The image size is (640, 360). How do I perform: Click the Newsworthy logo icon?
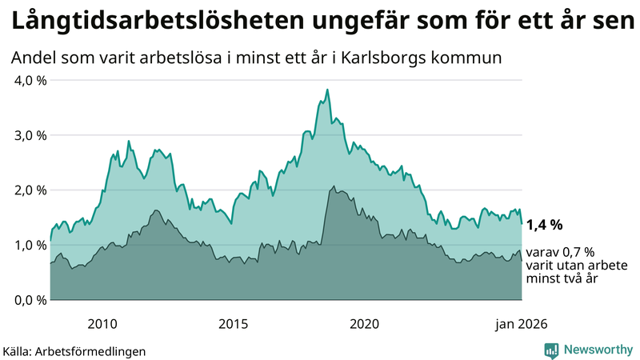point(551,350)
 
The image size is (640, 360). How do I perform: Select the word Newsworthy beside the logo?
point(598,350)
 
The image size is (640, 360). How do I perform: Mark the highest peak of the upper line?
point(327,90)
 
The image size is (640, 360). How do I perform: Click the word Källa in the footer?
point(18,350)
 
